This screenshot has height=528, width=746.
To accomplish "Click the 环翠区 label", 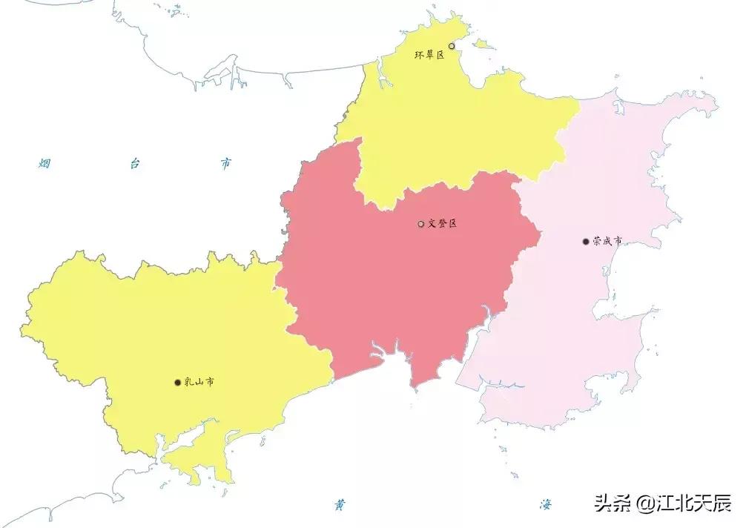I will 429,55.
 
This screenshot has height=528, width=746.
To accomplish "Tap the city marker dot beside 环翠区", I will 452,46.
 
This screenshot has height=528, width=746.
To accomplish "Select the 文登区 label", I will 443,223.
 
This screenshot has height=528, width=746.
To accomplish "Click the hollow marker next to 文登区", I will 421,224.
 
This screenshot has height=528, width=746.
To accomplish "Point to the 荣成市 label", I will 607,241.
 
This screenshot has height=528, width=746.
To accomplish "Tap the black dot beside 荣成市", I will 586,241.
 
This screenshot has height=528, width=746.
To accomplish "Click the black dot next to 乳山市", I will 177,383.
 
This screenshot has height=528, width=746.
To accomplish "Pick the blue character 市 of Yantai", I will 225,163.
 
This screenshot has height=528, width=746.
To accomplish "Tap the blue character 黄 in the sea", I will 340,505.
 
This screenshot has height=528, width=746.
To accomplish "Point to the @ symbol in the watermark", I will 642,504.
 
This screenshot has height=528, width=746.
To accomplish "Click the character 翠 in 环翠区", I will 429,55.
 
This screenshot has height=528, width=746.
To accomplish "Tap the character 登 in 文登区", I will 443,223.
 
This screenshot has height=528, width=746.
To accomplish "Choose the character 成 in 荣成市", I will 607,241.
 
